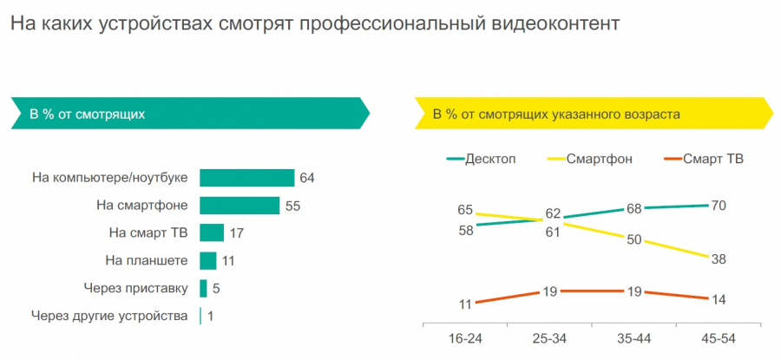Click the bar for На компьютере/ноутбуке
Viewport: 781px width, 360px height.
246,178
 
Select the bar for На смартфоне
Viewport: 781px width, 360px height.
239,206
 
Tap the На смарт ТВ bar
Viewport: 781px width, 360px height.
212,232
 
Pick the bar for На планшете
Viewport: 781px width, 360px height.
207,260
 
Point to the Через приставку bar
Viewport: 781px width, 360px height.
203,288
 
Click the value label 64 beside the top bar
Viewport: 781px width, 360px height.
306,178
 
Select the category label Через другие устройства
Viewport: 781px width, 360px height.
109,316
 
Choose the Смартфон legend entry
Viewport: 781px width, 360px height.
599,159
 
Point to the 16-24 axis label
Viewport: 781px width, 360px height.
464,337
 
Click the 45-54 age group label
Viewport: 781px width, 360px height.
719,337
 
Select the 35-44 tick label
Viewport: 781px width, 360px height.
633,337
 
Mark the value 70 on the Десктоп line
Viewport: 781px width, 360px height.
718,206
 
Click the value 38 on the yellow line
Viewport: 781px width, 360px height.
718,259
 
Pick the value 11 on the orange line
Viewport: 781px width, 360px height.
464,304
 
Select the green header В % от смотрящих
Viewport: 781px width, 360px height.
88,114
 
